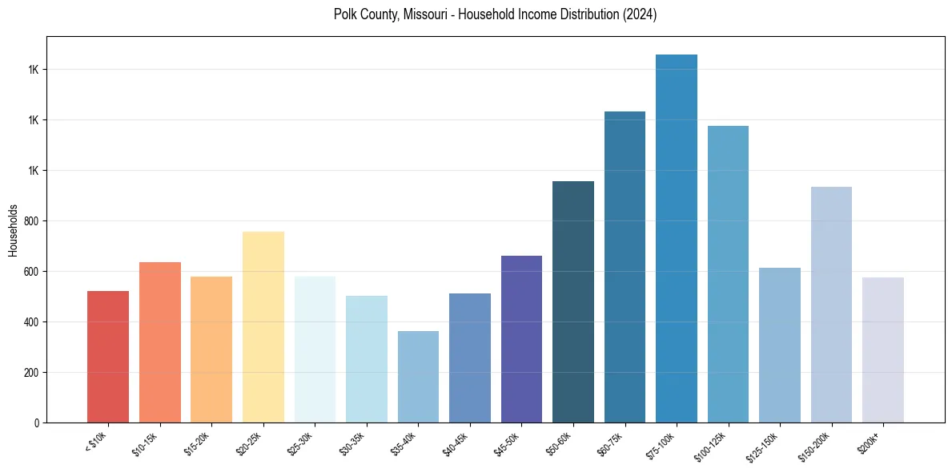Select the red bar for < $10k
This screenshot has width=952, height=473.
pos(108,356)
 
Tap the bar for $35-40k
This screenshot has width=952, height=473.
pos(418,376)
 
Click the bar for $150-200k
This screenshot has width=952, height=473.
pos(831,305)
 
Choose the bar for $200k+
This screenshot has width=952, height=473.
pos(883,350)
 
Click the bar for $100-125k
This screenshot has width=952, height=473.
pos(728,273)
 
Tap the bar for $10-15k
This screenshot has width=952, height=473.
pos(160,342)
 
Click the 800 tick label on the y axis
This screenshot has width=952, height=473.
pos(30,221)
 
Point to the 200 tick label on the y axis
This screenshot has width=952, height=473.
pos(30,373)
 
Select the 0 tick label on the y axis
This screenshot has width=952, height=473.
pos(36,423)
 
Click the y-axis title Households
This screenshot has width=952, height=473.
pos(13,230)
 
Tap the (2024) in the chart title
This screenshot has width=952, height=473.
pos(641,14)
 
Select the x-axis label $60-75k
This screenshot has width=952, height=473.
pos(610,444)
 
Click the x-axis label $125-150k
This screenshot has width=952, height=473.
pos(763,447)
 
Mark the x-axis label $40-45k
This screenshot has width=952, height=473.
pos(455,444)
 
